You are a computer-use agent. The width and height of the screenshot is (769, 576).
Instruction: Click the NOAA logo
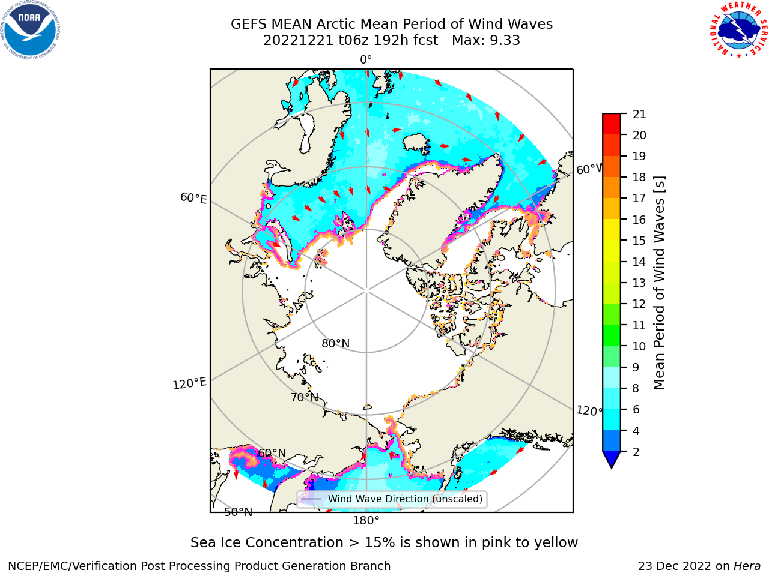tap(30, 30)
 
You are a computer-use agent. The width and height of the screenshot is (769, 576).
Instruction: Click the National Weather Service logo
tap(738, 30)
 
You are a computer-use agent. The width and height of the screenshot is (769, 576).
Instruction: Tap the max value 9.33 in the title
tap(503, 41)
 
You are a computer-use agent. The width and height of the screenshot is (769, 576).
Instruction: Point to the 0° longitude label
tap(366, 60)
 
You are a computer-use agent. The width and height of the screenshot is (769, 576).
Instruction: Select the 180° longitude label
tap(366, 521)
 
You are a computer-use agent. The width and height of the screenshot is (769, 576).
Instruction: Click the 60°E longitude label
tap(193, 198)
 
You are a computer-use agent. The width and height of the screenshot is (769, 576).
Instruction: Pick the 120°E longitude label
tap(189, 383)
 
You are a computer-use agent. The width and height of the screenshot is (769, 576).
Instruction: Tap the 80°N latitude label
tap(336, 344)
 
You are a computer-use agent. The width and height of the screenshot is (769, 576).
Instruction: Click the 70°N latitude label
tap(305, 398)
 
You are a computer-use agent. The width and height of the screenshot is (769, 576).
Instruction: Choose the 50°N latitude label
tap(239, 512)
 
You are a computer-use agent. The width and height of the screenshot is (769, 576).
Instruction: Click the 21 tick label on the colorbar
tap(639, 115)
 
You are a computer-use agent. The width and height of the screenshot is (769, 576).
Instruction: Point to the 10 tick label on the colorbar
tap(639, 346)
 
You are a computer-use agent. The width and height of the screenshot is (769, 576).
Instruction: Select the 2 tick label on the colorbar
tap(636, 452)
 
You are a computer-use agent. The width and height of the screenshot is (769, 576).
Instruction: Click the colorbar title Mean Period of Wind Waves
tap(659, 283)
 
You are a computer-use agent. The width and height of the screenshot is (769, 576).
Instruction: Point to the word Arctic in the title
tap(336, 24)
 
